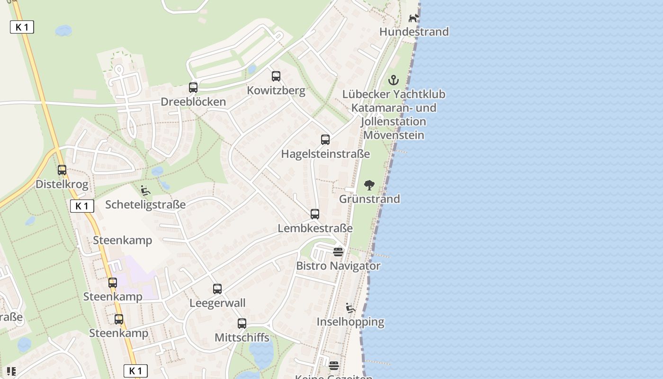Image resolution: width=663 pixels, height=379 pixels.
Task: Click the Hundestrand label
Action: coord(414,32)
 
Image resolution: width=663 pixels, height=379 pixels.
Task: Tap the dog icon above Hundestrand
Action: coord(414,18)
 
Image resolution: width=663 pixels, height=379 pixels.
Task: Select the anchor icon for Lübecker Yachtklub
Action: coord(394,80)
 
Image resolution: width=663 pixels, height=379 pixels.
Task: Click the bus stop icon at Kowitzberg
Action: coord(276,76)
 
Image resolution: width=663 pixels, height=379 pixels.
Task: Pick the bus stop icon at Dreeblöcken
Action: coord(193,87)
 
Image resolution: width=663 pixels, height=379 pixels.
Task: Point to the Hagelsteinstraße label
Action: coord(325,154)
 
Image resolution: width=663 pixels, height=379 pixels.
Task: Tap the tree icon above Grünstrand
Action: coord(369,185)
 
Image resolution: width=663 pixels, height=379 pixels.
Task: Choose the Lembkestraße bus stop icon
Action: coord(315,214)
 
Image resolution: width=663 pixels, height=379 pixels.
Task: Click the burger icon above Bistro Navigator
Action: coord(338,252)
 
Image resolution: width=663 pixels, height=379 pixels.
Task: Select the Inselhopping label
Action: coord(350,322)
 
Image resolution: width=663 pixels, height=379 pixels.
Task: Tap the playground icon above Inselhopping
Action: coord(350,308)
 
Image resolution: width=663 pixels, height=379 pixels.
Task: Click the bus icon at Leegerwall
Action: coord(217,289)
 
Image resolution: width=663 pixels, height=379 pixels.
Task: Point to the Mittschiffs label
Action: coord(242,338)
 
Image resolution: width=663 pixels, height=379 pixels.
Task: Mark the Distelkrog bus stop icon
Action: coord(62,170)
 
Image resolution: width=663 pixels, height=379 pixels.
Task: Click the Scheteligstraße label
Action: coord(145,205)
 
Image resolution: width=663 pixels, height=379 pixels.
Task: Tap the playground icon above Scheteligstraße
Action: coord(145,190)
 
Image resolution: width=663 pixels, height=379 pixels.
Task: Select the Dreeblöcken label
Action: coord(193,102)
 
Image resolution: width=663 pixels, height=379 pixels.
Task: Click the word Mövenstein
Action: coord(394,135)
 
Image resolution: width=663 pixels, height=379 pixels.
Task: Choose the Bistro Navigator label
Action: coord(338,266)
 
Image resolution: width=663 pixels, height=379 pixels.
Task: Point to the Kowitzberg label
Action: coord(276,90)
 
